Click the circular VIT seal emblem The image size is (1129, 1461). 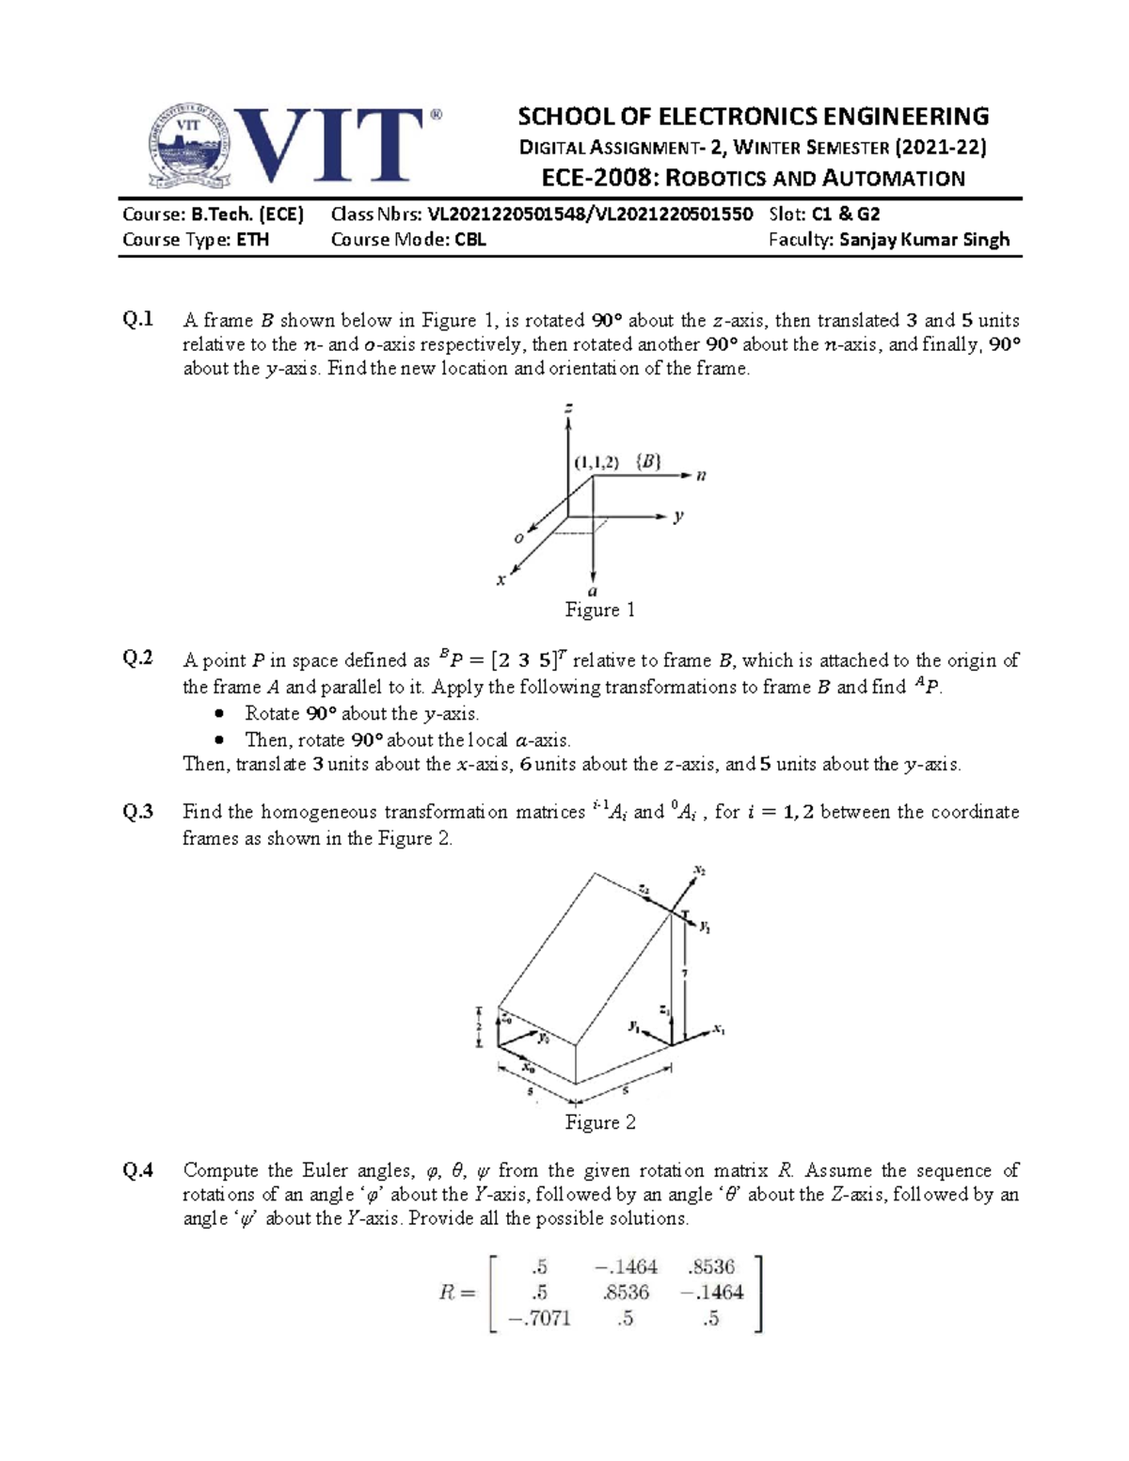click(x=191, y=144)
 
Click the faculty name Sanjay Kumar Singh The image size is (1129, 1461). click(x=924, y=240)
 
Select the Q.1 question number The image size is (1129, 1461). click(x=138, y=320)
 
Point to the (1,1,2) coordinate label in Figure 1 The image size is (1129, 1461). click(x=596, y=462)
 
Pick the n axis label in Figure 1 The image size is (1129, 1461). click(x=701, y=476)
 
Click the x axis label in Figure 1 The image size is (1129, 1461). click(x=501, y=580)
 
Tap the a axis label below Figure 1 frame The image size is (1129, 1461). click(x=593, y=592)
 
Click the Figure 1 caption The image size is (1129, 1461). click(x=599, y=611)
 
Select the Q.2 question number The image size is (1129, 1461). click(x=138, y=659)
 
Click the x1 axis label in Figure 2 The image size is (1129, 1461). click(x=719, y=1029)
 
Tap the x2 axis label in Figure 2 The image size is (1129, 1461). click(x=699, y=871)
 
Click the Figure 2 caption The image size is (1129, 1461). click(x=599, y=1122)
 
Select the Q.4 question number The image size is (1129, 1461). click(x=138, y=1170)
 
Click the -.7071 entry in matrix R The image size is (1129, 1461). click(x=539, y=1318)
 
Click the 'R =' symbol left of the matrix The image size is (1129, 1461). click(x=458, y=1293)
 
